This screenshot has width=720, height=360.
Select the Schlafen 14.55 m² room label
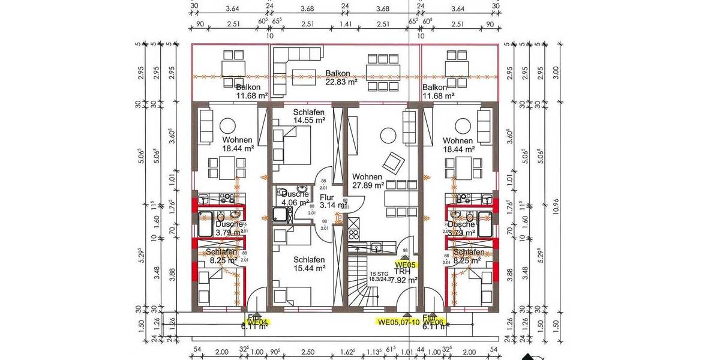309,116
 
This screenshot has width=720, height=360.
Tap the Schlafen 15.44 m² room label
309,264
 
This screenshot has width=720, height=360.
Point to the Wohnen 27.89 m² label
368,181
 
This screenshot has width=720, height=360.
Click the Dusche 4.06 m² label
293,197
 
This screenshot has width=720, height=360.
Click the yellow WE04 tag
259,322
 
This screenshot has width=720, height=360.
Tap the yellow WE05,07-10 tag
398,322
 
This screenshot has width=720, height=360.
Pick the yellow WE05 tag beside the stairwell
406,264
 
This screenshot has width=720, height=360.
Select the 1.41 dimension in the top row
346,24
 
